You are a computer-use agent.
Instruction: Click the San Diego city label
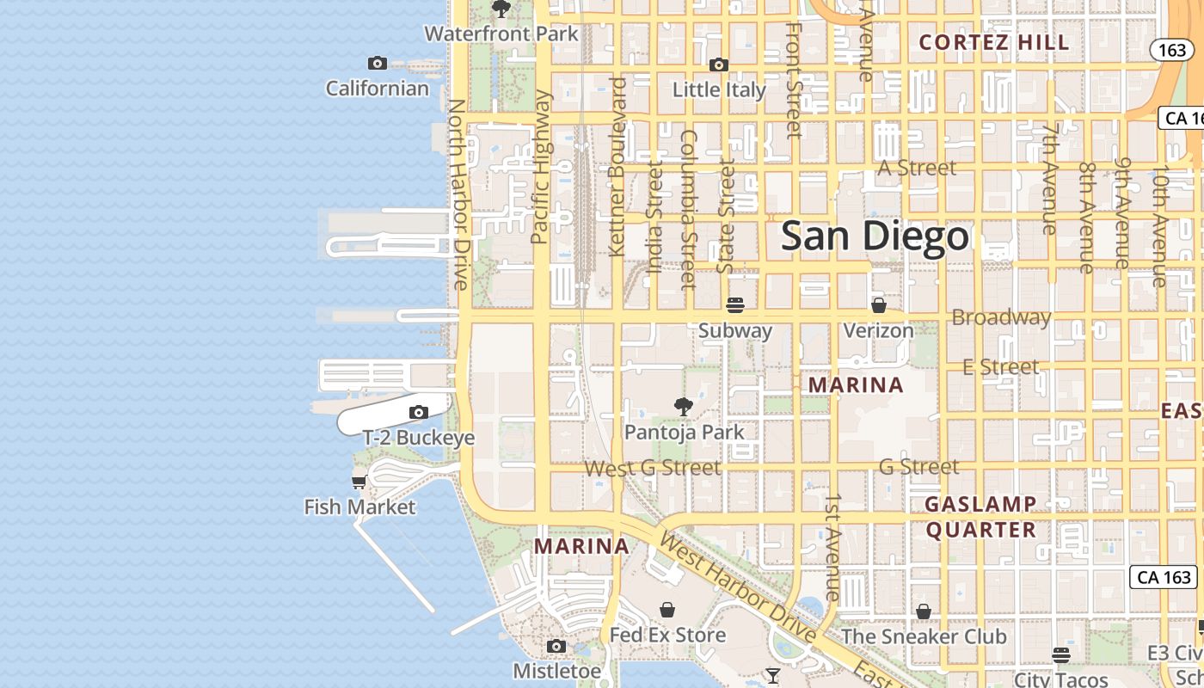click(875, 236)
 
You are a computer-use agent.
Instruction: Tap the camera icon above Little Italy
click(719, 64)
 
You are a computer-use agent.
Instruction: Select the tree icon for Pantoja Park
click(684, 406)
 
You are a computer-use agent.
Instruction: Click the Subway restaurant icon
click(734, 305)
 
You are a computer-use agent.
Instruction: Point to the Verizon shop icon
click(878, 305)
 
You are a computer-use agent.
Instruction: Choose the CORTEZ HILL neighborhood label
click(994, 42)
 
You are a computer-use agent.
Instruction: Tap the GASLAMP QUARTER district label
click(980, 516)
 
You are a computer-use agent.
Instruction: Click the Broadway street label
click(1001, 317)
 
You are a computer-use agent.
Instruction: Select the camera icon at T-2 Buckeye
click(419, 413)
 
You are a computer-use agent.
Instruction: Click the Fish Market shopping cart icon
click(359, 482)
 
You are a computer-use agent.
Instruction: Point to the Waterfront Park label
click(501, 34)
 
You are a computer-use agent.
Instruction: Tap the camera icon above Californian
click(377, 63)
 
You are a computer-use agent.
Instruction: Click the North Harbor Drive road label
click(458, 193)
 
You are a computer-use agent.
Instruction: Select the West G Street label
click(652, 468)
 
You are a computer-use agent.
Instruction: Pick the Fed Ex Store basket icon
click(667, 610)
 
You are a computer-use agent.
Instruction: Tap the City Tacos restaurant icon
click(1061, 655)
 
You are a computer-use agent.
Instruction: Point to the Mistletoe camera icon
click(556, 646)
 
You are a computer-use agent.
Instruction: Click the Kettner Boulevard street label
click(617, 166)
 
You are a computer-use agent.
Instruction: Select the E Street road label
click(1000, 366)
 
